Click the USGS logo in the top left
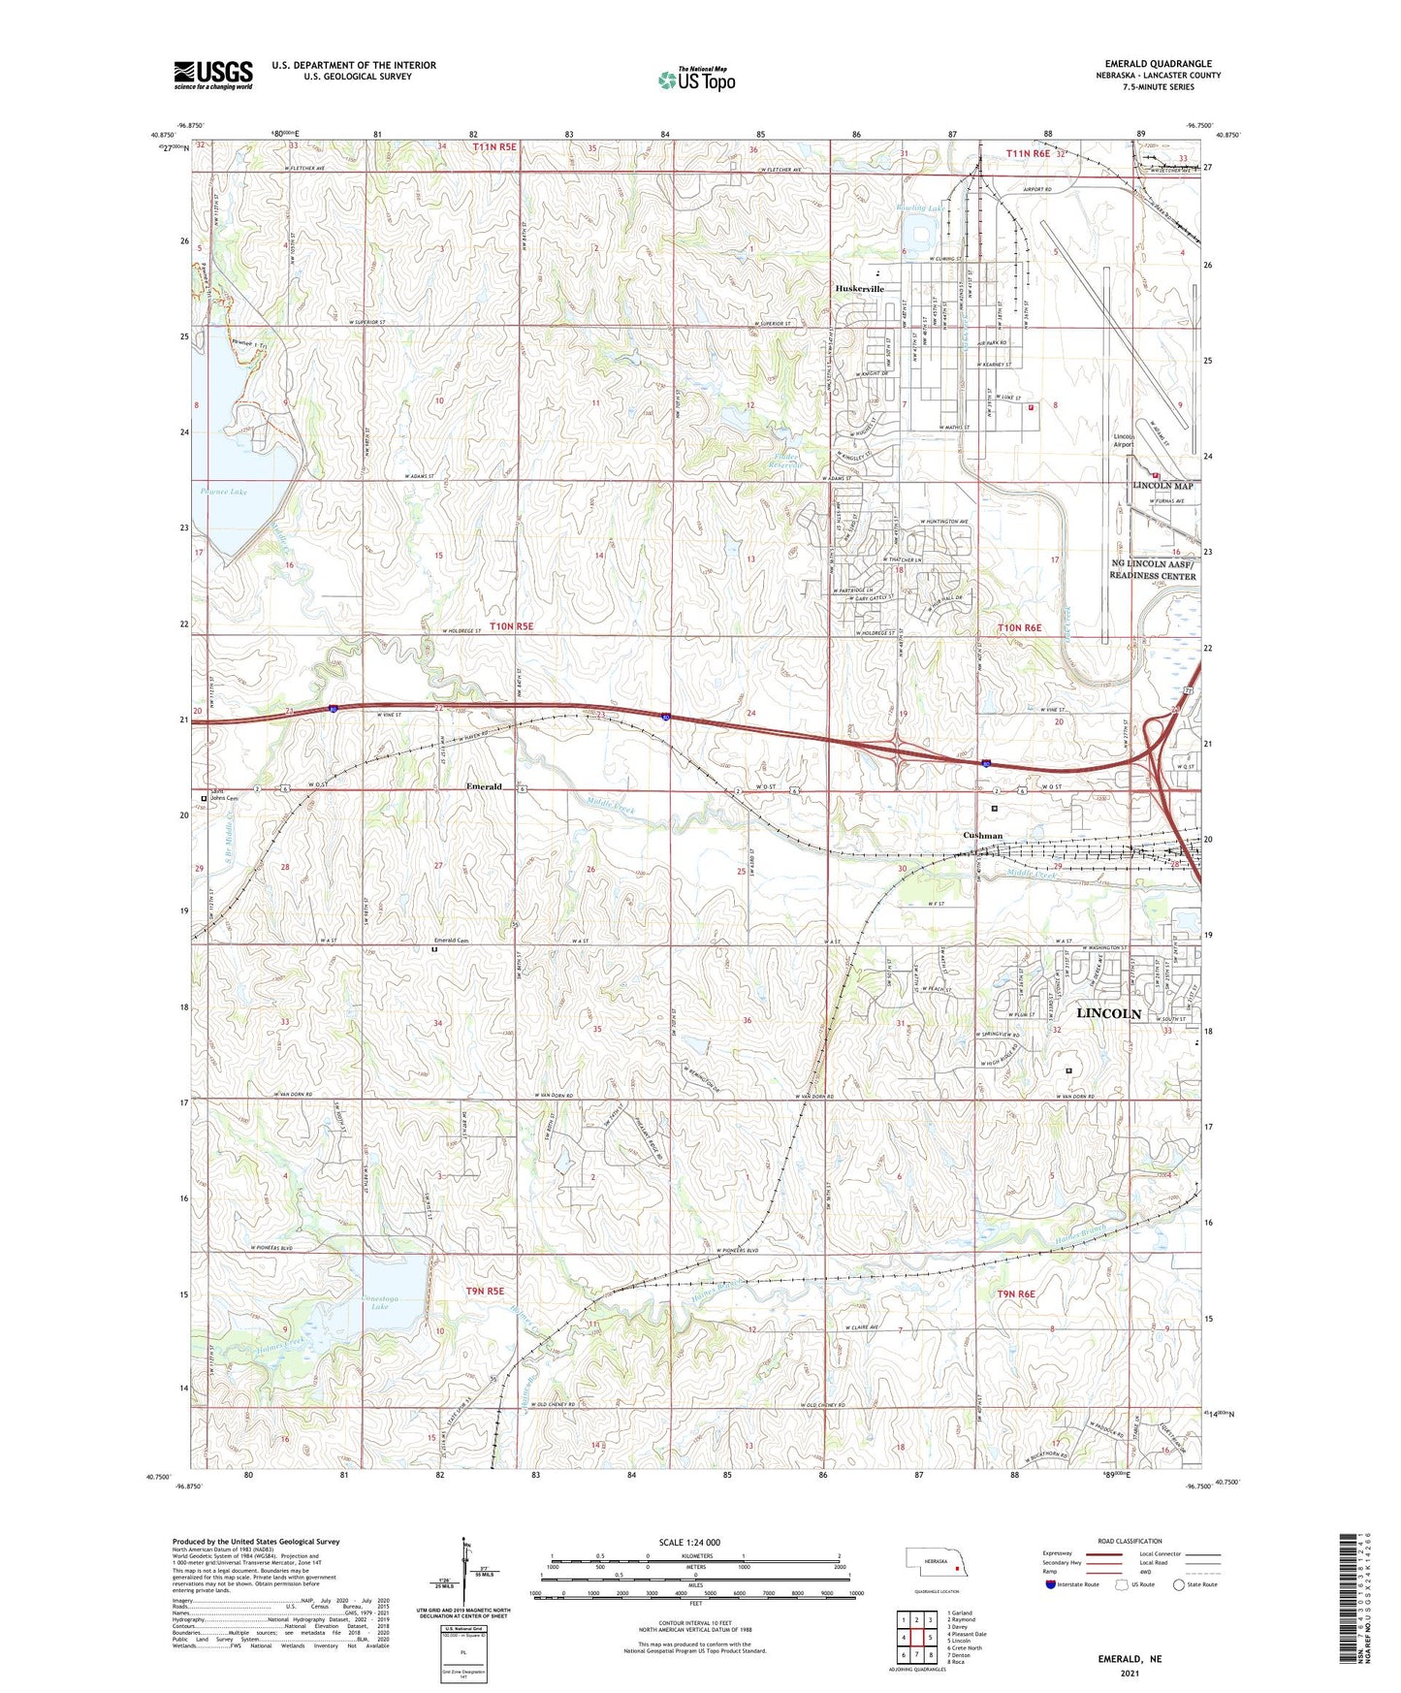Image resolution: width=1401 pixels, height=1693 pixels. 212,75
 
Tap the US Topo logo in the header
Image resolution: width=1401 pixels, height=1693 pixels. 695,80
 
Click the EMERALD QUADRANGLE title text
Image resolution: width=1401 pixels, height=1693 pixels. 1158,64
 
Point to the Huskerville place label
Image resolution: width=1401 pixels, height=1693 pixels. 860,289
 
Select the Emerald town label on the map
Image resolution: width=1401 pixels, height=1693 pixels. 483,786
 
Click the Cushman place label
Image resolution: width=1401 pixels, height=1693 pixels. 982,835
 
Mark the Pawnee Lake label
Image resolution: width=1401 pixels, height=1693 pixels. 224,492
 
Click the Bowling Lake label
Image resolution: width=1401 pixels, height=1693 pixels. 920,208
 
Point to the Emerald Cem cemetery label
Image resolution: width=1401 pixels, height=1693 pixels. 450,940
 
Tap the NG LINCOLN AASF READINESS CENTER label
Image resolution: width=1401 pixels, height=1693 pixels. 1153,569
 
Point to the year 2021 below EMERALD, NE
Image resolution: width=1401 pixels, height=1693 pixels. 1129,1674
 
